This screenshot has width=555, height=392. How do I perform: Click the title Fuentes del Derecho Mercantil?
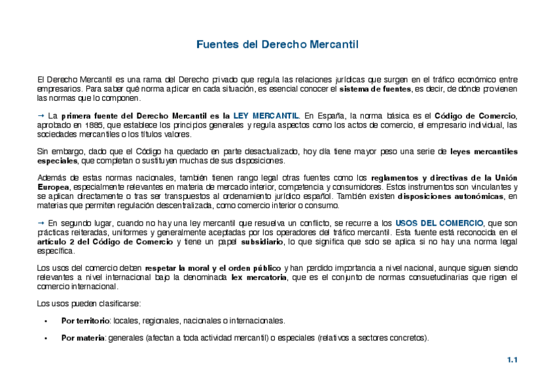pos(277,45)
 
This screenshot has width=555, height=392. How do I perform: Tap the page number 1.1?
pos(512,360)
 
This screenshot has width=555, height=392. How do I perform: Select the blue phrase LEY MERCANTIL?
pos(266,116)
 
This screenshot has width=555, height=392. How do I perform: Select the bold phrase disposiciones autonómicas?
pos(452,196)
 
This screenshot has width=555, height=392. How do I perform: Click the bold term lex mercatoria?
pos(259,277)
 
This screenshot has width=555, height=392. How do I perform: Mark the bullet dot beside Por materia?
pos(46,339)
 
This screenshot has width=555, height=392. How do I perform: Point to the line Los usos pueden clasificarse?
pos(85,304)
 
